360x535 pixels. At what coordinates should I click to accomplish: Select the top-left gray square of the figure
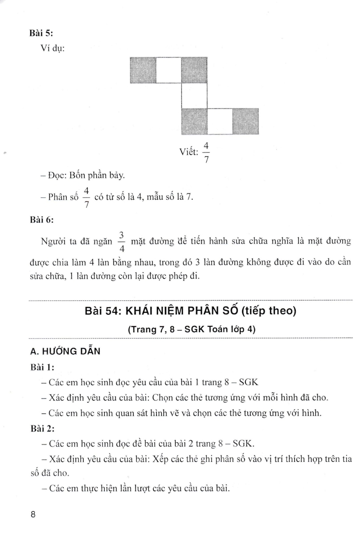click(143, 70)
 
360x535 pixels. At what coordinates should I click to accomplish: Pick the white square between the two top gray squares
click(168, 70)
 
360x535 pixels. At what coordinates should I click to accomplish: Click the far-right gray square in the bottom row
click(245, 121)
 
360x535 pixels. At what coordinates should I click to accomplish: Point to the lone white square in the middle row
click(194, 95)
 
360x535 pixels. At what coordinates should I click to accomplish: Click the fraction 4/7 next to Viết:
click(206, 152)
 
